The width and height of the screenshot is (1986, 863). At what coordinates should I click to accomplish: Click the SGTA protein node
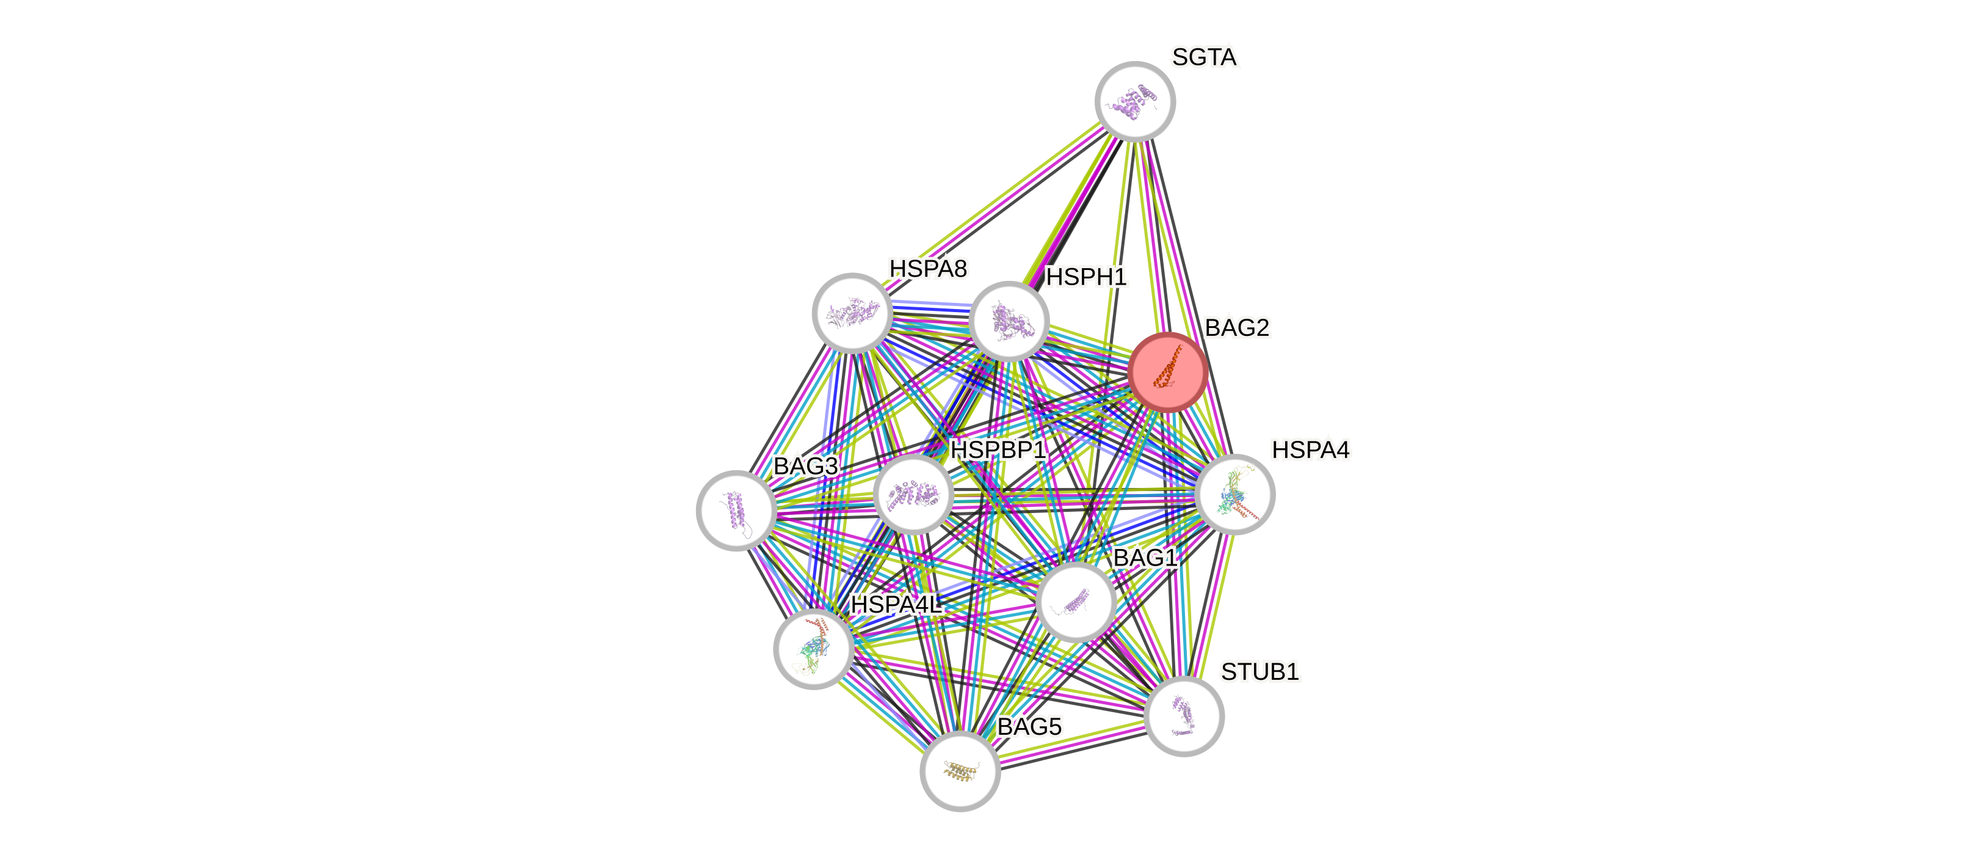click(x=1135, y=101)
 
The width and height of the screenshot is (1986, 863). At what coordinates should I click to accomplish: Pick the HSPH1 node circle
click(x=1009, y=321)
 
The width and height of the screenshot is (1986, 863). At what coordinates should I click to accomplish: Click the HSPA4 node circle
click(x=1234, y=494)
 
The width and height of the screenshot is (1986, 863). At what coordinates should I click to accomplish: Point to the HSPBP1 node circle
click(x=913, y=494)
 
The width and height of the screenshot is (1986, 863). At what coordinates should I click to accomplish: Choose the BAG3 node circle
click(x=736, y=510)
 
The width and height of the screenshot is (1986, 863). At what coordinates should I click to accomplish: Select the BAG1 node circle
click(x=1076, y=602)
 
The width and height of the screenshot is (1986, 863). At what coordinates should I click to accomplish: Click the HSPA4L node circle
click(x=813, y=649)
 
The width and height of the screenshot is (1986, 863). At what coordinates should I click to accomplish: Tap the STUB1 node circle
click(x=1183, y=716)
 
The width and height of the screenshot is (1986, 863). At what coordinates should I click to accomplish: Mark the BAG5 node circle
click(x=960, y=770)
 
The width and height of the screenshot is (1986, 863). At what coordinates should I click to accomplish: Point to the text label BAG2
click(x=1237, y=328)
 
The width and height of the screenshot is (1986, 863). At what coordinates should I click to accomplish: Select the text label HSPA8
click(x=927, y=268)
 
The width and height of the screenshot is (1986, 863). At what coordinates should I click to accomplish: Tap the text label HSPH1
click(x=1086, y=277)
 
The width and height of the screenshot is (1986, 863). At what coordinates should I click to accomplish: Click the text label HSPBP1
click(x=998, y=450)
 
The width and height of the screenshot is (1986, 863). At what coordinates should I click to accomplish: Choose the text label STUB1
click(x=1259, y=672)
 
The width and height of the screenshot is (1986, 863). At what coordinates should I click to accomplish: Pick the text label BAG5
click(x=1029, y=726)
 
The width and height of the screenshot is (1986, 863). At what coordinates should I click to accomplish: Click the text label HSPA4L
click(x=896, y=605)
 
